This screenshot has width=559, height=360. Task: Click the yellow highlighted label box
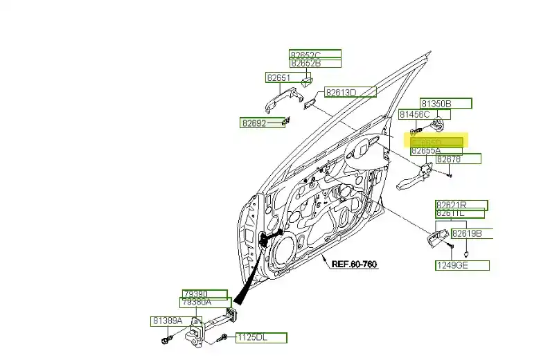point(436,141)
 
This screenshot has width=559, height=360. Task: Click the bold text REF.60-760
point(354,264)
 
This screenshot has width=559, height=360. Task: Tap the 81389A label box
point(167,321)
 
